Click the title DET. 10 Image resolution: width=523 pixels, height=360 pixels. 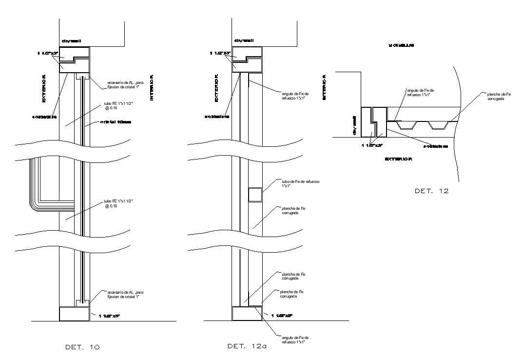tap(82, 347)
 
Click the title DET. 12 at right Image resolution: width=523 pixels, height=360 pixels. tap(431, 191)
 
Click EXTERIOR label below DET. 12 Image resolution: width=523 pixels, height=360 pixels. tap(399, 159)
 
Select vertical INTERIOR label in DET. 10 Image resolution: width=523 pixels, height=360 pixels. tap(152, 88)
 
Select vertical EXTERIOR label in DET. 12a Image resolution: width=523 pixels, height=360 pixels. tap(217, 88)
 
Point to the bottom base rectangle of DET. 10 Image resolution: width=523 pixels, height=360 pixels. tap(74, 314)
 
